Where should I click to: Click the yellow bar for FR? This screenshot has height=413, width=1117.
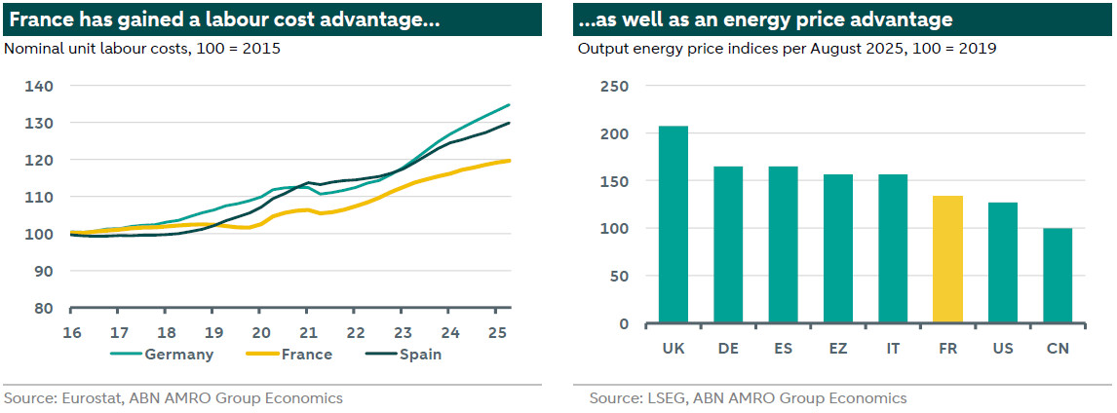pyautogui.click(x=947, y=259)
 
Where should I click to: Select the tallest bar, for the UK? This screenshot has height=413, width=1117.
pyautogui.click(x=674, y=224)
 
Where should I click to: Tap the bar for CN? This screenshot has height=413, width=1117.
pyautogui.click(x=1057, y=276)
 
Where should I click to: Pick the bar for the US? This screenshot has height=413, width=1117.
pyautogui.click(x=1002, y=262)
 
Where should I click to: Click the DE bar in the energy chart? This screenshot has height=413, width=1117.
pyautogui.click(x=728, y=244)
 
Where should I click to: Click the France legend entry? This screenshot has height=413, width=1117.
pyautogui.click(x=305, y=355)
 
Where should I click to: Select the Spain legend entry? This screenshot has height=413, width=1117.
pyautogui.click(x=419, y=355)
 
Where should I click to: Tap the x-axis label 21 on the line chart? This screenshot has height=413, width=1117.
pyautogui.click(x=309, y=331)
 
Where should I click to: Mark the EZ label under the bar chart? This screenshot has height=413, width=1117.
pyautogui.click(x=838, y=348)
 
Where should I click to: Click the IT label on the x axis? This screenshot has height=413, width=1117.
pyautogui.click(x=893, y=348)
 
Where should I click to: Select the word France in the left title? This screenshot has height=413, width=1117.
pyautogui.click(x=39, y=19)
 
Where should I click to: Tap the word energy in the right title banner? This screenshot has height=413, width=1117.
pyautogui.click(x=750, y=19)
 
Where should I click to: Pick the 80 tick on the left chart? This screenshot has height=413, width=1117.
pyautogui.click(x=44, y=309)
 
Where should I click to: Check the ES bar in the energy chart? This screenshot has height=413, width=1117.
pyautogui.click(x=783, y=244)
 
